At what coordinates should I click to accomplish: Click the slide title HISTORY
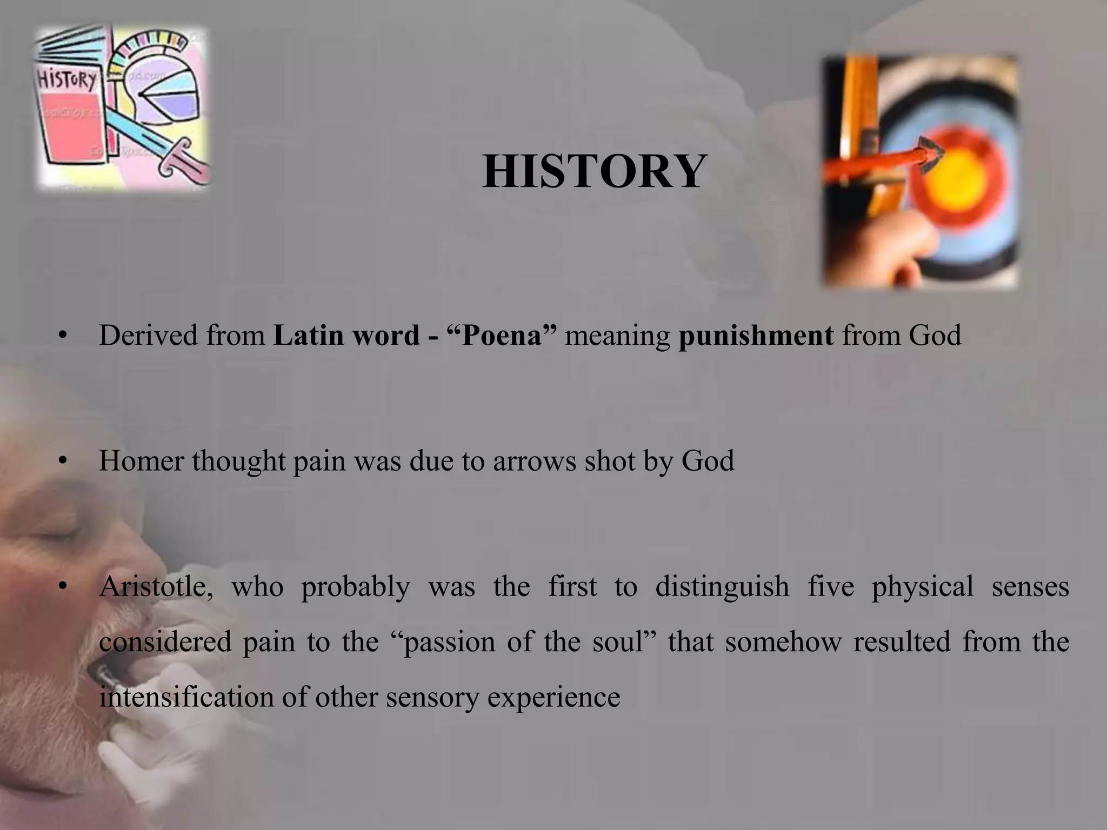pos(594,172)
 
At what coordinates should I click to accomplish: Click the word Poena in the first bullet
pos(502,336)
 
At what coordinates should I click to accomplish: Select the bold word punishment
pos(756,336)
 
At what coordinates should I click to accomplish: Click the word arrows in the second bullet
pos(534,461)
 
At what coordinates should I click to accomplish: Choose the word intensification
pos(186,697)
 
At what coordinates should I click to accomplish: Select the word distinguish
pos(722,587)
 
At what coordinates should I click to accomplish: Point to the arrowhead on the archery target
pos(931,154)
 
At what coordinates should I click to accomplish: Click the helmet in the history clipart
pos(162,89)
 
